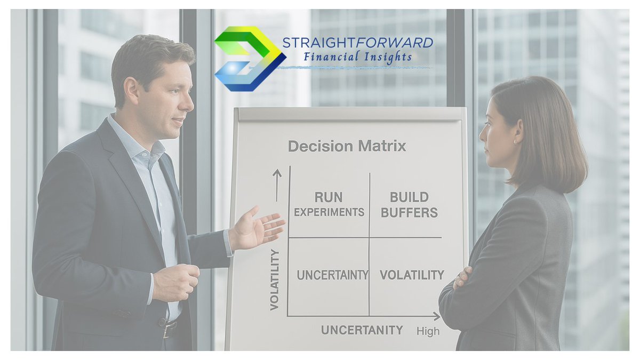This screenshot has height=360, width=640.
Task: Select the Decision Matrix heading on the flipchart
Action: [x=347, y=146]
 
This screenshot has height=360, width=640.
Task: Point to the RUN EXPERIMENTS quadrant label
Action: [x=329, y=205]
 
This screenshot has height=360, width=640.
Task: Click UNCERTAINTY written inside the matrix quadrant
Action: [x=332, y=275]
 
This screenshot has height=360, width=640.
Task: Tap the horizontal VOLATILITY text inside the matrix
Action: [x=411, y=275]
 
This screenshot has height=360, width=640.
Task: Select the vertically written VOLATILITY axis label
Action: [x=275, y=279]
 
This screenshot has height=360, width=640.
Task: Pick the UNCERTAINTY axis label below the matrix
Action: [x=362, y=330]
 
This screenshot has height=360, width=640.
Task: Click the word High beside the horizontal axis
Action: [x=428, y=331]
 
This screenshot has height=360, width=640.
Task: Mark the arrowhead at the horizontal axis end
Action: [x=437, y=316]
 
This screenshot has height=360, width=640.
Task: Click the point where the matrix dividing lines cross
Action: [x=369, y=237]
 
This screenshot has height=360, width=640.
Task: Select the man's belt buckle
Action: [x=170, y=329]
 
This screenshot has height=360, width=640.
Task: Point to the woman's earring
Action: [x=515, y=142]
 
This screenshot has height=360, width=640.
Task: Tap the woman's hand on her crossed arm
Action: [x=462, y=277]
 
